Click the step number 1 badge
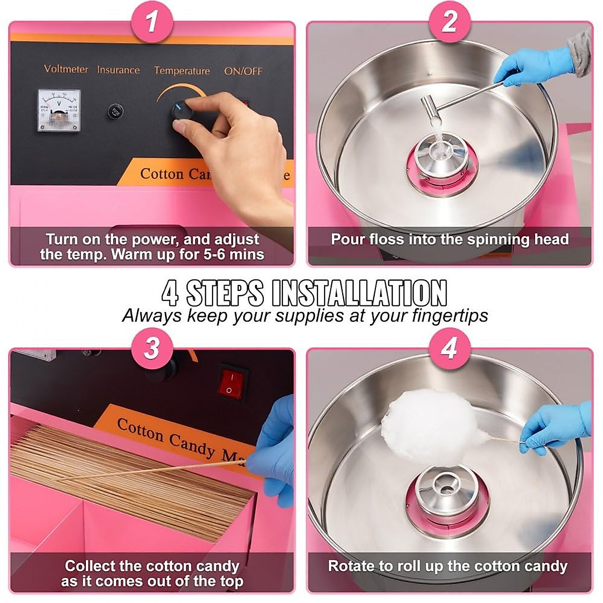151,23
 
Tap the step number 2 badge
450,23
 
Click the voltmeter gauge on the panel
59,110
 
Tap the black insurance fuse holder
116,111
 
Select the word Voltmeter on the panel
66,69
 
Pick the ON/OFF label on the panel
243,71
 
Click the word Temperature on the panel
182,71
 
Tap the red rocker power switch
233,383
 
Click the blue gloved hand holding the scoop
533,65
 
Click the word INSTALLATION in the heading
359,293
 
